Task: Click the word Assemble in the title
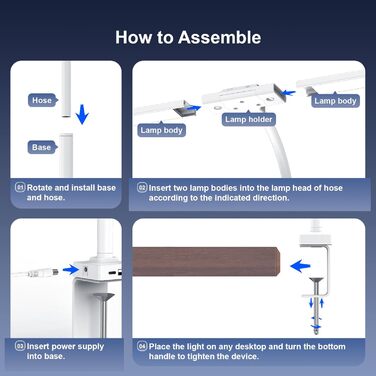click(219, 37)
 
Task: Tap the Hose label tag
click(42, 100)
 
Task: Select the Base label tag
click(42, 147)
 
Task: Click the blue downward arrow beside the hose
click(82, 114)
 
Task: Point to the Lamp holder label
click(249, 119)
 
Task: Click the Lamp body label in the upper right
click(335, 101)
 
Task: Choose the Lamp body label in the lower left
click(161, 130)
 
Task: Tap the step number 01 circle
click(20, 187)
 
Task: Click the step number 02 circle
click(142, 188)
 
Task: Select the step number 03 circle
click(20, 346)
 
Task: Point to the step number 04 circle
click(142, 346)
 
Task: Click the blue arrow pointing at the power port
click(71, 269)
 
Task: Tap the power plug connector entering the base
click(44, 272)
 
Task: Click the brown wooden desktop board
click(206, 261)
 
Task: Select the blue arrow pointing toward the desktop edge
click(300, 266)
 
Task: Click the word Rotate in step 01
click(39, 188)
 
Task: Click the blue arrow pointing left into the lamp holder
click(288, 93)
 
